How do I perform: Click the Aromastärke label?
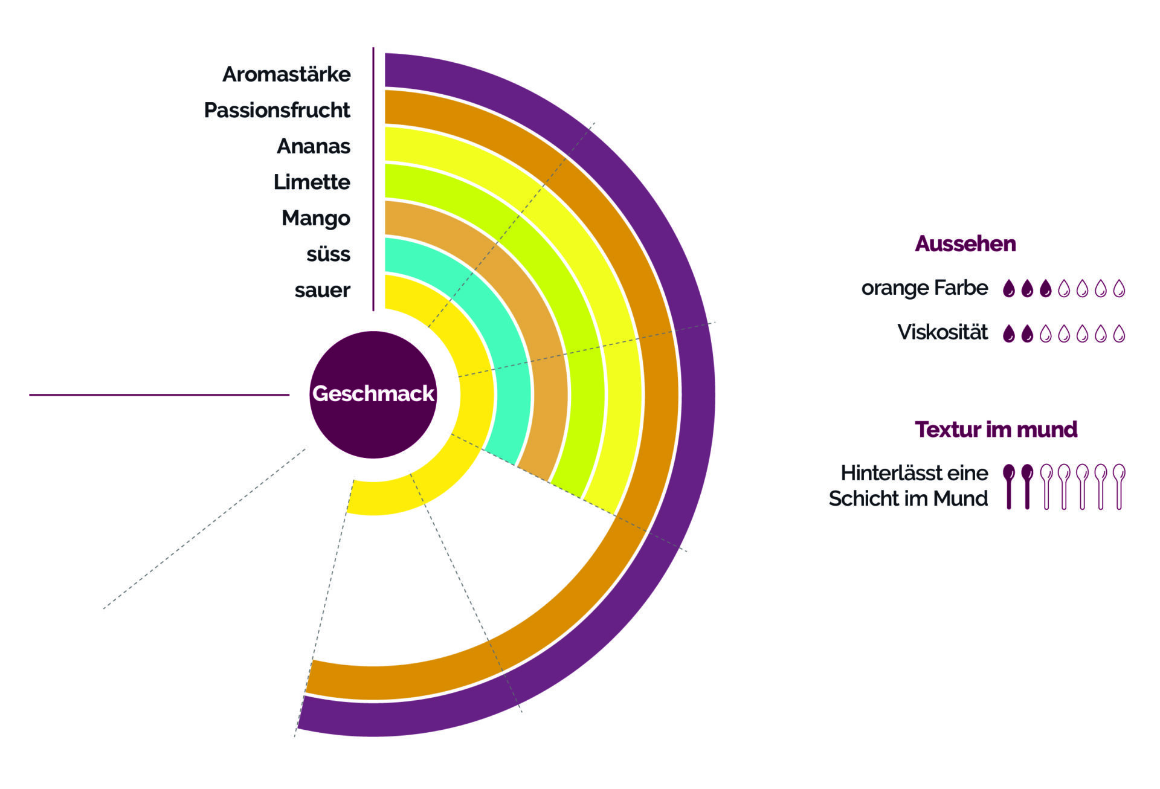click(286, 74)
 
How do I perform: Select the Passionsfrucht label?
click(277, 111)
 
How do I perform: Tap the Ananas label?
click(313, 146)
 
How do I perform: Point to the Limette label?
click(311, 182)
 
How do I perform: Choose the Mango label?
click(315, 218)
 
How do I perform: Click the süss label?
click(328, 254)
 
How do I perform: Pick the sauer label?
click(322, 290)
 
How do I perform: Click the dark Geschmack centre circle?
click(373, 394)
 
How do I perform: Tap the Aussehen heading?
click(965, 243)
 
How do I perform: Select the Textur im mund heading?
click(996, 430)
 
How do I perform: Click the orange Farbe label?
click(924, 288)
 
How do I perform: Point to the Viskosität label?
click(942, 332)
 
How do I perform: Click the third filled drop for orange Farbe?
click(1045, 289)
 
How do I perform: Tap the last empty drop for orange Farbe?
click(1119, 289)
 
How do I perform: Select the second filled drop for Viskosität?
click(1026, 333)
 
